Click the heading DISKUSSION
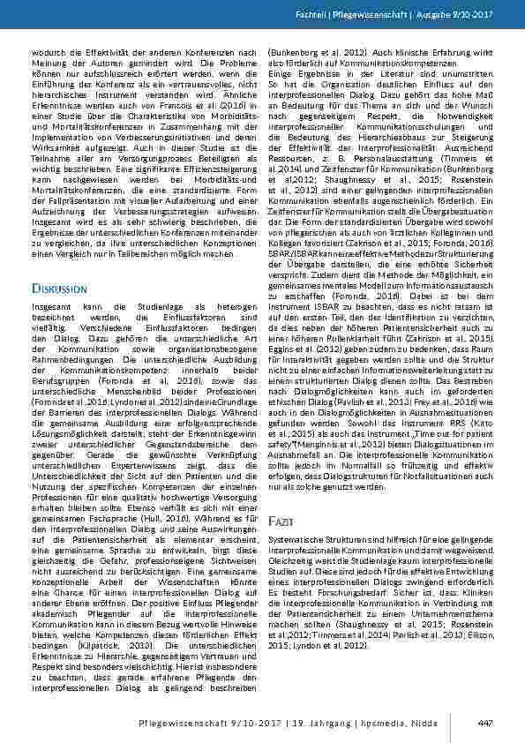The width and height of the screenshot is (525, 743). click(59, 288)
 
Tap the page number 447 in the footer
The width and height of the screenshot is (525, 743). click(484, 724)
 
